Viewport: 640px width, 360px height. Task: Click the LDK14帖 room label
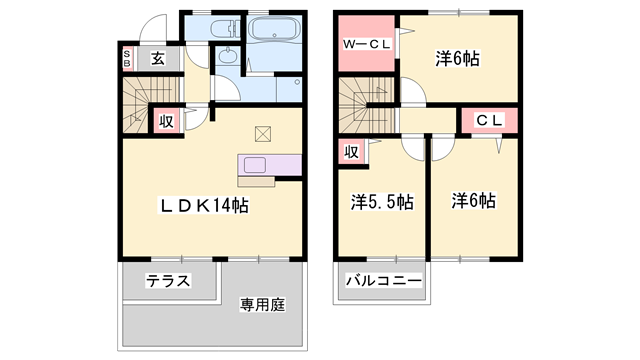205,206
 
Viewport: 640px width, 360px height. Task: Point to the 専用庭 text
262,304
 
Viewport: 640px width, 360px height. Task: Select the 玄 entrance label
158,58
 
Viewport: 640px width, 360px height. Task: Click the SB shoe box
127,58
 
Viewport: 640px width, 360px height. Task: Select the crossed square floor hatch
263,132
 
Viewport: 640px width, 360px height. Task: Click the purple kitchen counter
268,166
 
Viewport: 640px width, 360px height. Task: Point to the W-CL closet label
366,45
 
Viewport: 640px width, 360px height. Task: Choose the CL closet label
487,121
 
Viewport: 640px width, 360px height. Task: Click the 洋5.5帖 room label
381,202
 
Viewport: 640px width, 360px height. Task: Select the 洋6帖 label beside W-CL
457,58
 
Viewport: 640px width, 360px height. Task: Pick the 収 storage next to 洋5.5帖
352,152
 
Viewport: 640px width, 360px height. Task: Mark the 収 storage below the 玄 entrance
167,121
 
